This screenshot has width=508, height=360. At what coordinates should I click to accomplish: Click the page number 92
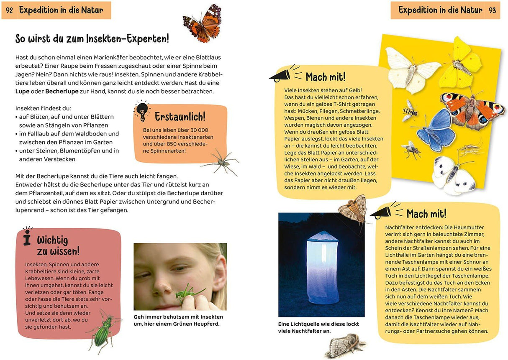10,10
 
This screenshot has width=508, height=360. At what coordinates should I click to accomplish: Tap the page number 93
493,10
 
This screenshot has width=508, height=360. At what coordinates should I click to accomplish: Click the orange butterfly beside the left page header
203,23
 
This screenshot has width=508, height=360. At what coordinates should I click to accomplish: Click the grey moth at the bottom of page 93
345,345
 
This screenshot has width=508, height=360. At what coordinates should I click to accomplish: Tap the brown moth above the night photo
352,209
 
